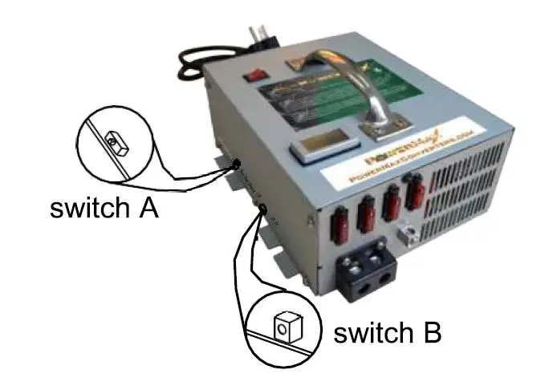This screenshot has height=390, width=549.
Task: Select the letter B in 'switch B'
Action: click(x=432, y=332)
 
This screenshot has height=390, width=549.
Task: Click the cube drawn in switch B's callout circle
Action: click(x=286, y=327)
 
